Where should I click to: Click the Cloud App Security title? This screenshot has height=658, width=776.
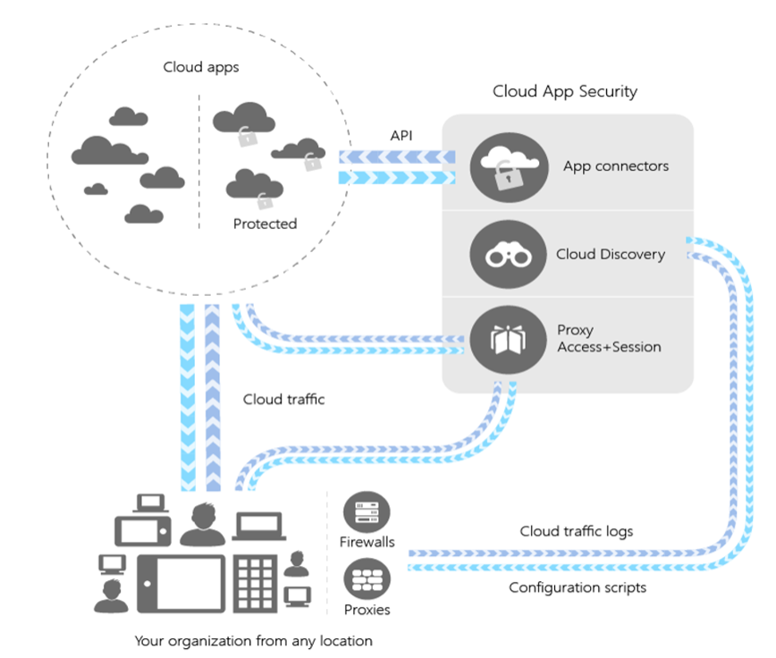[x=564, y=91]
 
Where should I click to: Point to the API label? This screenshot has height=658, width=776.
[x=401, y=135]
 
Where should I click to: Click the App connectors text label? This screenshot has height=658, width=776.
[x=615, y=166]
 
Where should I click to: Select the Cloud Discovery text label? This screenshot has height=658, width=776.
[x=610, y=254]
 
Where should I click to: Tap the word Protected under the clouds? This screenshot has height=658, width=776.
[x=265, y=224]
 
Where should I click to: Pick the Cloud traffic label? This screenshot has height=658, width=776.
[x=283, y=400]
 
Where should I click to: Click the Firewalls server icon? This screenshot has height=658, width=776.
[x=367, y=513]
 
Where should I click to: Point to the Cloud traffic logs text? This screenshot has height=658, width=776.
[x=576, y=531]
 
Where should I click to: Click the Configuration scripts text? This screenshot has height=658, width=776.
[x=577, y=587]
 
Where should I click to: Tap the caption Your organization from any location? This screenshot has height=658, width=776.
[x=253, y=640]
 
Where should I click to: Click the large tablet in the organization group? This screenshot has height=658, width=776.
[x=181, y=582]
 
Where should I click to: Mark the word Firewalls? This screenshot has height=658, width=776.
[x=367, y=542]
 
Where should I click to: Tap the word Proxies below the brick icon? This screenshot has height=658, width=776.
[x=367, y=610]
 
